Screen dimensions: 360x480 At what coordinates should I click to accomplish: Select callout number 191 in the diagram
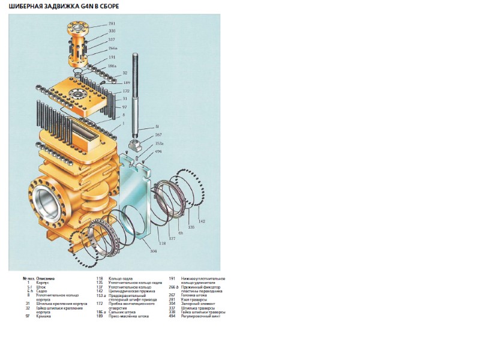coord(112,58)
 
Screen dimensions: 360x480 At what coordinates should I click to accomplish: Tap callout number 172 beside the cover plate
coord(125,91)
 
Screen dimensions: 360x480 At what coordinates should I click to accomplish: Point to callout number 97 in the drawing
coord(124,106)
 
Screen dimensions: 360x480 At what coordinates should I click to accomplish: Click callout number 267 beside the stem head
coord(159,136)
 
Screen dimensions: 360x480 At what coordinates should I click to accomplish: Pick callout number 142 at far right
coord(202,221)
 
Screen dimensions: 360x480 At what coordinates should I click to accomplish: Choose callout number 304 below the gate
coord(154,251)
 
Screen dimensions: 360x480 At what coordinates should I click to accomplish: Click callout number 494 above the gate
coord(159,152)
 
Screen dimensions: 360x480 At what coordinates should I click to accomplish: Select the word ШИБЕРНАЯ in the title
coord(26,6)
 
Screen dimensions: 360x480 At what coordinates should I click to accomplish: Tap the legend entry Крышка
coord(43,316)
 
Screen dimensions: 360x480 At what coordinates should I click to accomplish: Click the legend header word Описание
coord(46,278)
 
